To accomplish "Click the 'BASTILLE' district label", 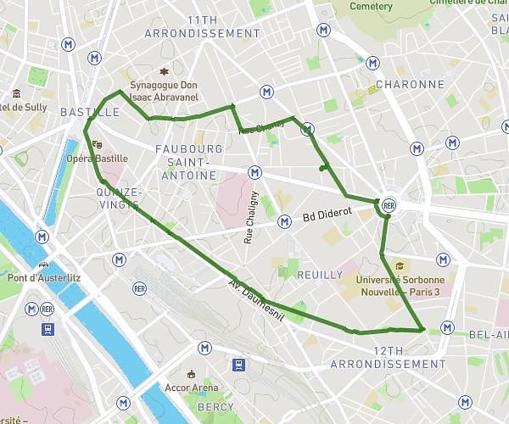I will [x=90, y=112].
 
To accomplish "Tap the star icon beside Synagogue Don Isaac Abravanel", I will [x=165, y=71].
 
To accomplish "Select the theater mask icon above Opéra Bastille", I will [x=98, y=145].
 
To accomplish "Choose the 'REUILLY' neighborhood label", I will [x=319, y=275].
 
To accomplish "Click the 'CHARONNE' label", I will [x=410, y=85].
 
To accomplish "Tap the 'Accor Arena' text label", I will [x=192, y=388].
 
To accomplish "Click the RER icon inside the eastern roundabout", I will [x=389, y=205].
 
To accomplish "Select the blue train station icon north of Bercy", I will [x=240, y=365].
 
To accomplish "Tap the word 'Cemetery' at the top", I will [x=372, y=7].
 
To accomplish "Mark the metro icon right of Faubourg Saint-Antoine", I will [x=255, y=172].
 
